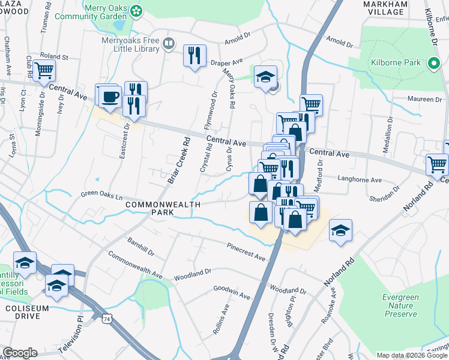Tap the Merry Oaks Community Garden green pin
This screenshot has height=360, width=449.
pyautogui.click(x=137, y=10)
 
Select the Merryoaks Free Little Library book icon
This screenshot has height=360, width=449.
pyautogui.click(x=169, y=43)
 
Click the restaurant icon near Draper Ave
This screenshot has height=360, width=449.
pyautogui.click(x=194, y=56)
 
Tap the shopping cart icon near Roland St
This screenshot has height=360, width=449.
pyautogui.click(x=44, y=70)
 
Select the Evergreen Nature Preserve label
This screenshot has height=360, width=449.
pyautogui.click(x=400, y=305)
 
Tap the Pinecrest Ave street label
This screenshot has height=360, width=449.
pyautogui.click(x=246, y=251)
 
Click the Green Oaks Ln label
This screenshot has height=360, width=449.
pyautogui.click(x=101, y=196)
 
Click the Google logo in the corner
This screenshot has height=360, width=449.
pyautogui.click(x=20, y=353)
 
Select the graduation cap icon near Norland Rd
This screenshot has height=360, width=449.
pyautogui.click(x=340, y=231)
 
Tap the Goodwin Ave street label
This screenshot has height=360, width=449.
pyautogui.click(x=232, y=292)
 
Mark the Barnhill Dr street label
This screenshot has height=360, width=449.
pyautogui.click(x=141, y=246)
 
